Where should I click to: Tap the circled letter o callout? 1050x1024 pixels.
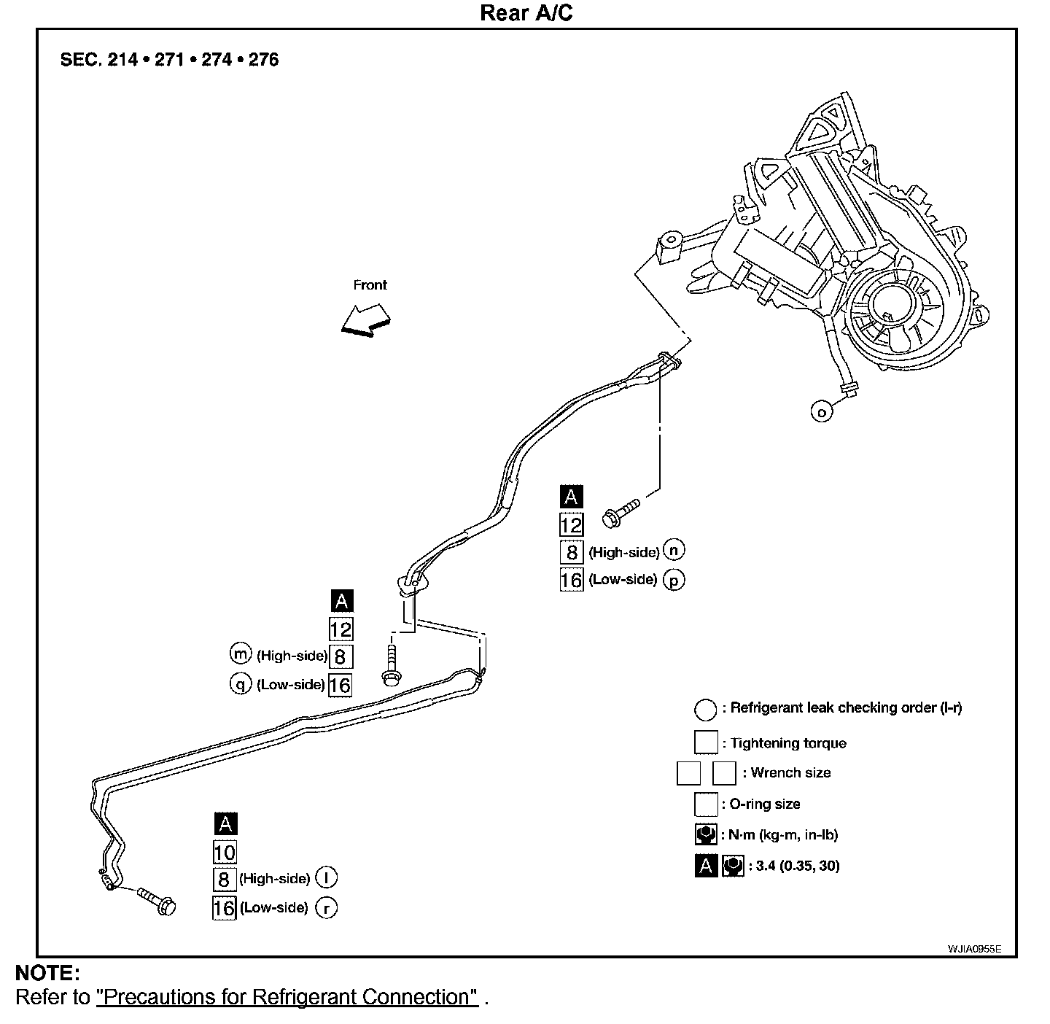point(822,411)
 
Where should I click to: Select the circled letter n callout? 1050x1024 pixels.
point(675,550)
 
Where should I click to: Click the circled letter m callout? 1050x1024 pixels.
point(240,654)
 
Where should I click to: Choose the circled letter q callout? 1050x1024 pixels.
point(240,684)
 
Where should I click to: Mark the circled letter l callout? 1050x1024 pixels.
point(326,878)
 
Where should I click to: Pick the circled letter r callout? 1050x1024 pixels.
point(326,908)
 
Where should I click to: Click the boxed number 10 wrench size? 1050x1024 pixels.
point(225,852)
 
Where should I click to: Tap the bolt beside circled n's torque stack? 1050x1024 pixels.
point(620,512)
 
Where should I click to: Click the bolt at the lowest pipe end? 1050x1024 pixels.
point(157,901)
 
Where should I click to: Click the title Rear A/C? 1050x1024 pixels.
point(526,13)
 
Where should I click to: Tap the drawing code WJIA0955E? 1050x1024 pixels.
point(974,948)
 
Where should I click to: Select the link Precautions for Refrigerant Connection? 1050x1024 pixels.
point(287,997)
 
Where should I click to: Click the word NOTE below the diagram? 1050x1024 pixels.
point(47,973)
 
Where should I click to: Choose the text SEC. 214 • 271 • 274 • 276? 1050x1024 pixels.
point(169,60)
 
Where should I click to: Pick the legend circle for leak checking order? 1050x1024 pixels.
point(705,709)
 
